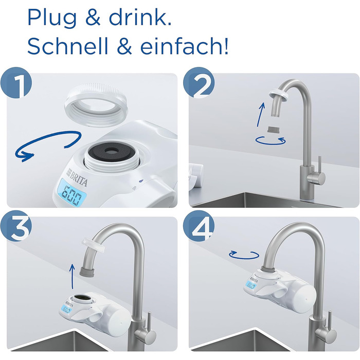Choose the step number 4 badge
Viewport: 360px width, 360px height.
click(202, 226)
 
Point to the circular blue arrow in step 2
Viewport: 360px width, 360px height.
click(270, 139)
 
